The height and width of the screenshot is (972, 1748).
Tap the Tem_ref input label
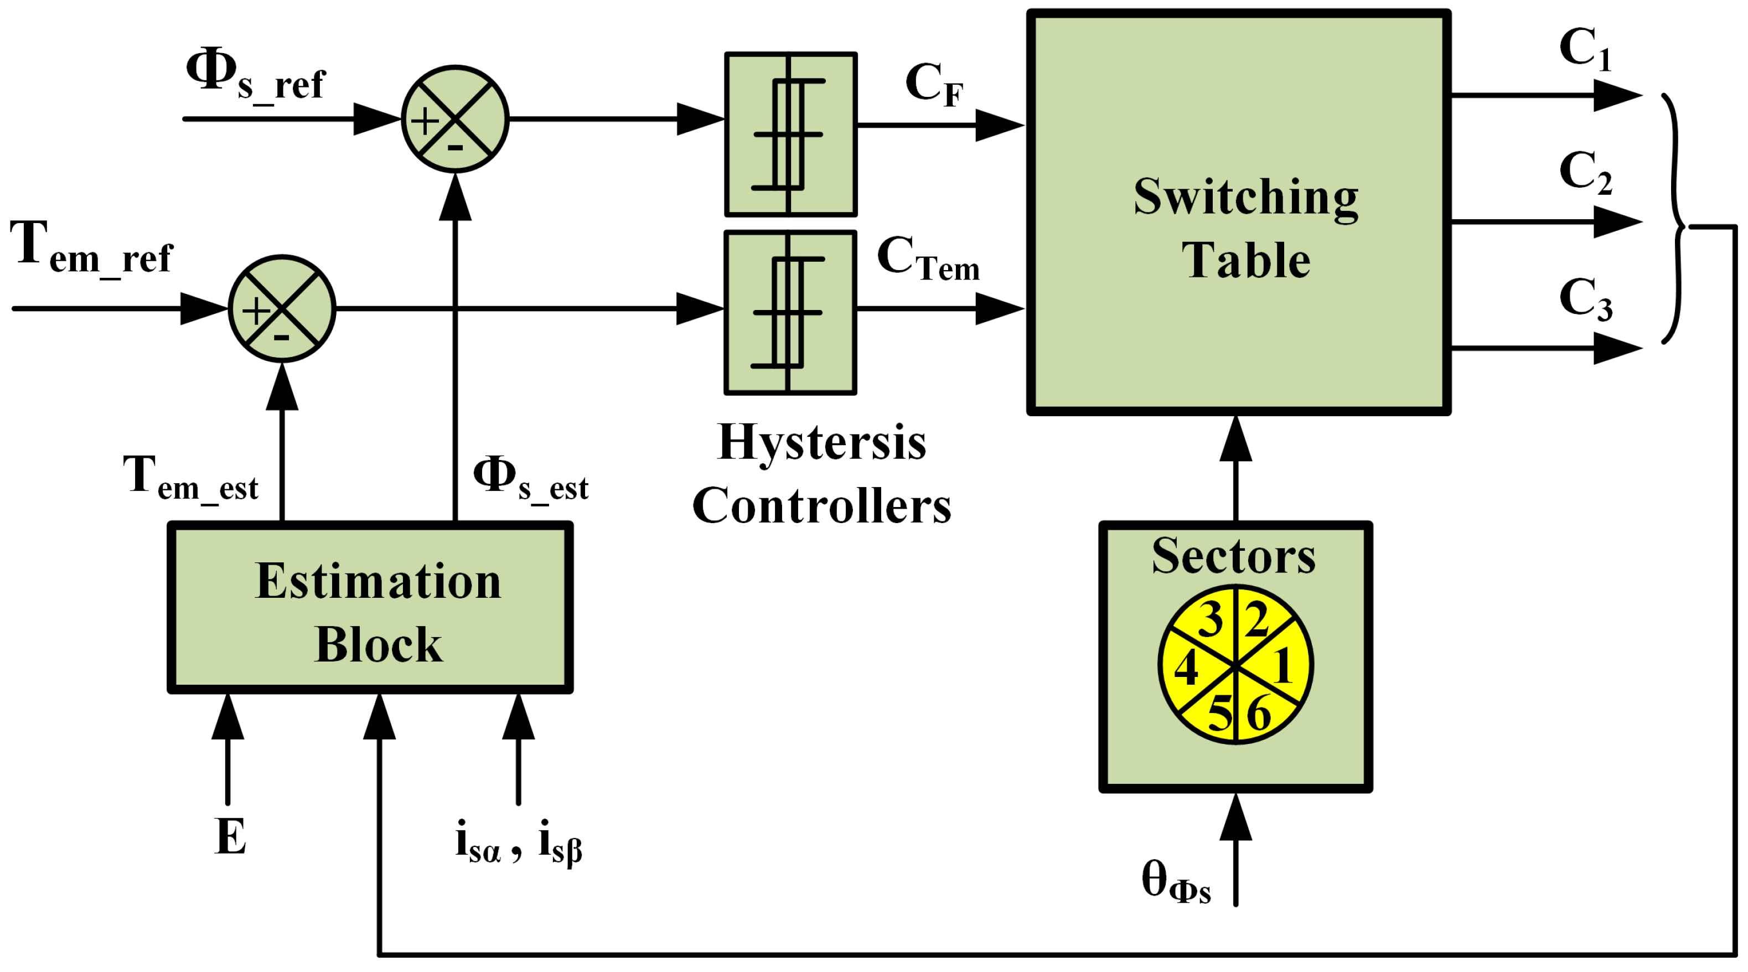click(92, 249)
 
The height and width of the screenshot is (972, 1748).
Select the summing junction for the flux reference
click(454, 119)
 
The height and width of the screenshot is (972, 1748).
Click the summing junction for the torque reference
click(282, 308)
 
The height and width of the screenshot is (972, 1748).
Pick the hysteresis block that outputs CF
click(790, 135)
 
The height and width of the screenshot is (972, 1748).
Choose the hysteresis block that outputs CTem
click(790, 312)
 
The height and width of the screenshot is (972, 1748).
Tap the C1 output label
click(1585, 49)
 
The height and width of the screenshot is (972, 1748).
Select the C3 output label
click(1585, 299)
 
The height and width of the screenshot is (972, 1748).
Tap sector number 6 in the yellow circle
click(1259, 714)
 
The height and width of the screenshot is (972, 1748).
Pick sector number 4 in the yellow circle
click(1186, 669)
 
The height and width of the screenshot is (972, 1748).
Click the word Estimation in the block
click(378, 582)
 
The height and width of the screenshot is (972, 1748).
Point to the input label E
click(230, 837)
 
